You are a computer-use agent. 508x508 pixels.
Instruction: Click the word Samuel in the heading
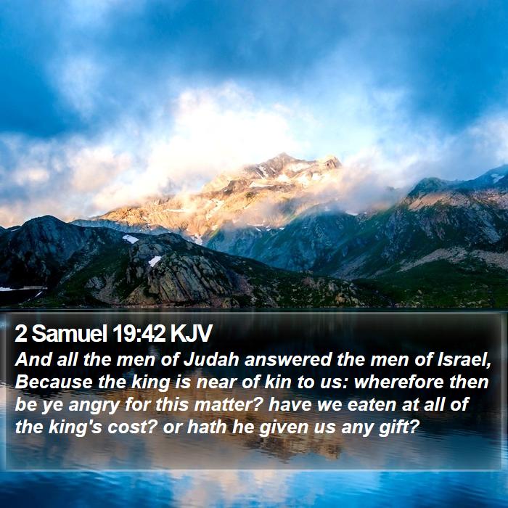pos(69,333)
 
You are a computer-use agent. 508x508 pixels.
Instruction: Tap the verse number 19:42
pos(139,333)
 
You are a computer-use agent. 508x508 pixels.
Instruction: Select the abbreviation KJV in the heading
pos(191,333)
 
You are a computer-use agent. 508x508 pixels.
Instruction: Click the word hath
pos(207,427)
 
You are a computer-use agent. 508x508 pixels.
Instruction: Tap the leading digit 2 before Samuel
pos(21,333)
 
